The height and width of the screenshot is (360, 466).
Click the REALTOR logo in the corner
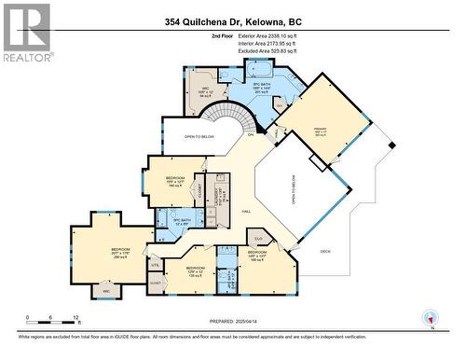26,33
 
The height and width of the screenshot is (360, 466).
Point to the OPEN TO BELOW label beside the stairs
200,137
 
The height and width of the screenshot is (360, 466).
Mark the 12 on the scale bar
75,317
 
